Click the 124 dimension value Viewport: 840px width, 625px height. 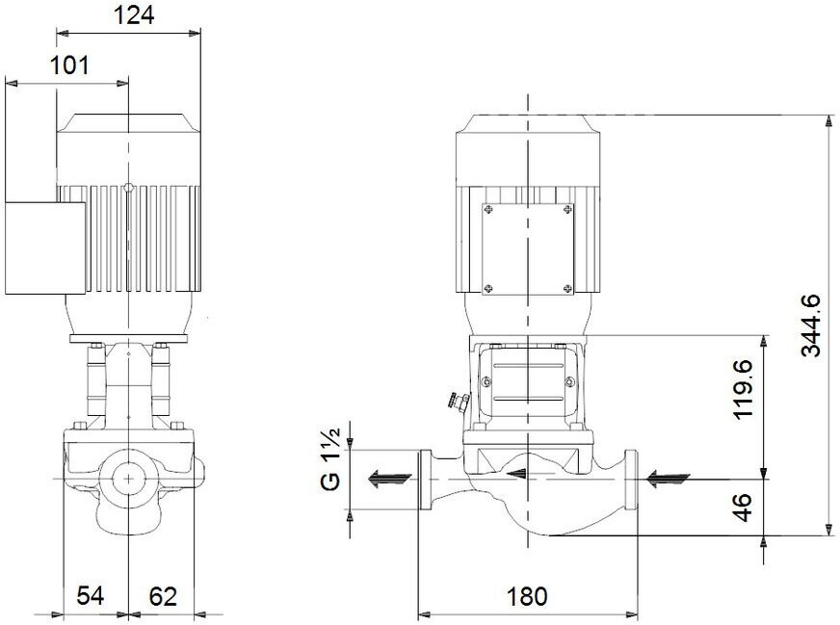(133, 15)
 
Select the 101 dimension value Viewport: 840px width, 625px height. (69, 65)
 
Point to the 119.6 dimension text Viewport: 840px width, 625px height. (744, 389)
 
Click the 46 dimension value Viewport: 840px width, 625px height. (744, 508)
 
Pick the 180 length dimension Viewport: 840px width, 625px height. (527, 596)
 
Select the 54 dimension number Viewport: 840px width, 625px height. (90, 595)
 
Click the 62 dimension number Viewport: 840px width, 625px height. (163, 595)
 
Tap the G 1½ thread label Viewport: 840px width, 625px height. (330, 459)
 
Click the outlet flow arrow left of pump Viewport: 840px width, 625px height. (389, 478)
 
